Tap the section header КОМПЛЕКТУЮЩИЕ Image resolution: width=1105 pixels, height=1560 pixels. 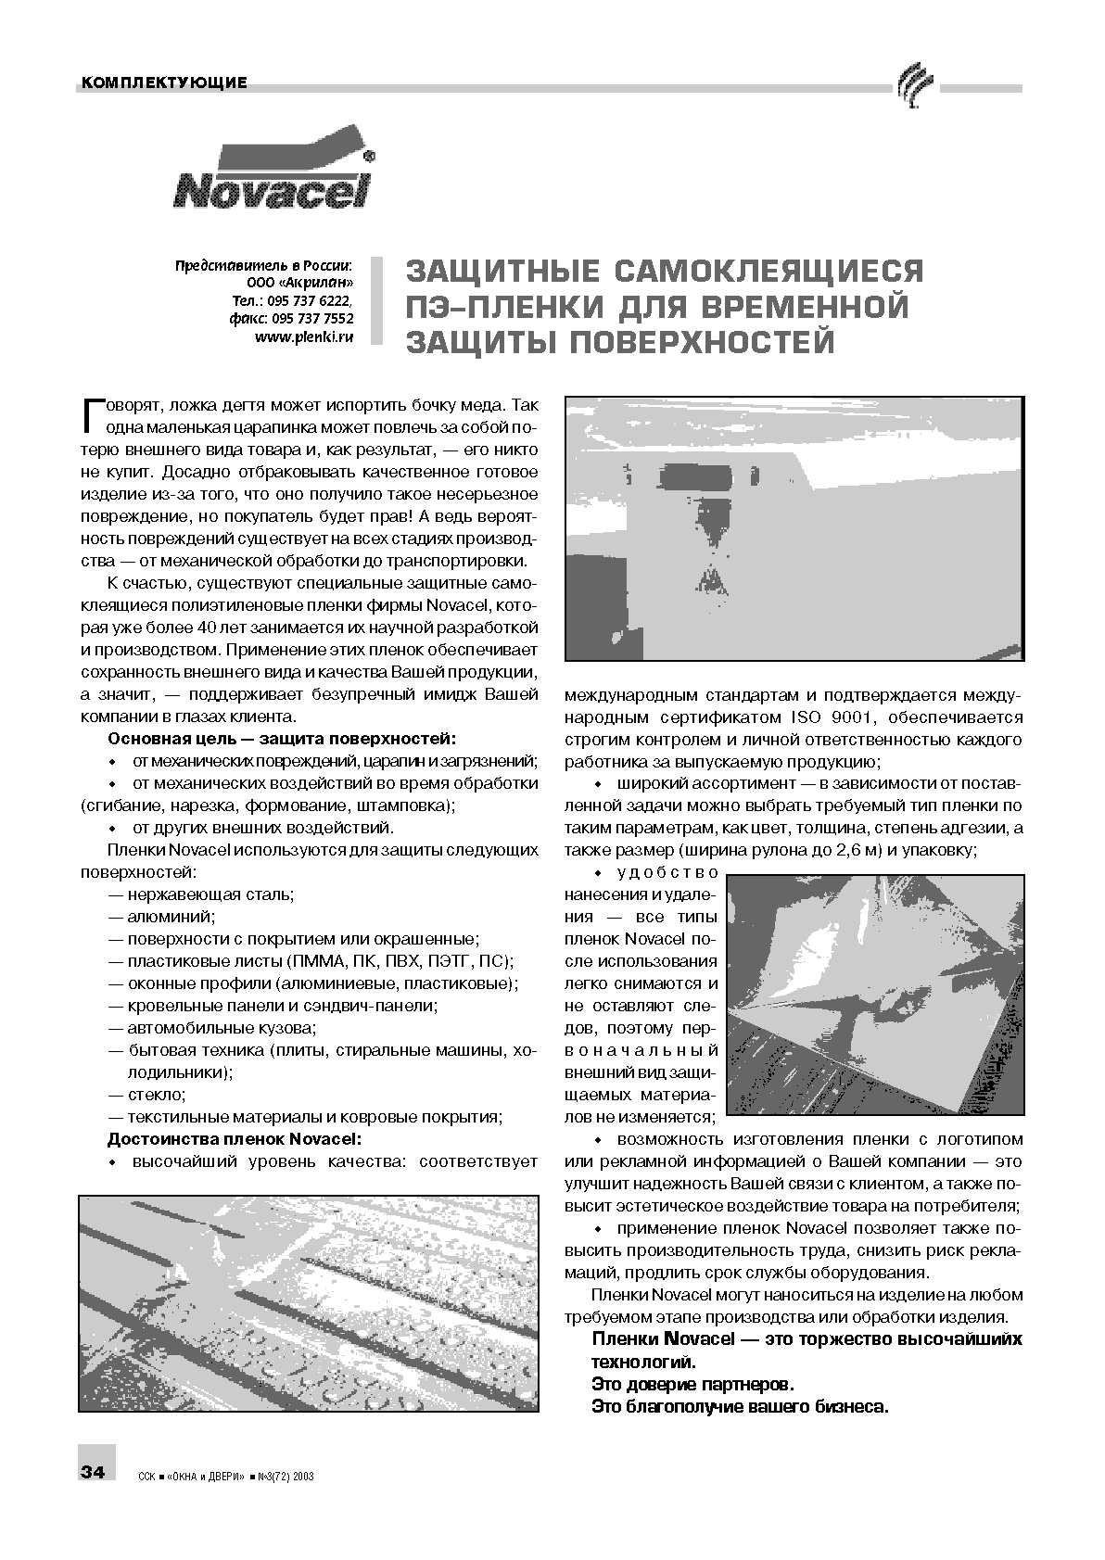coord(164,83)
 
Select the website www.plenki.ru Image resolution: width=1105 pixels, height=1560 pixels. coord(304,338)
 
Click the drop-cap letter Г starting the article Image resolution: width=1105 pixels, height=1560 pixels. coord(92,416)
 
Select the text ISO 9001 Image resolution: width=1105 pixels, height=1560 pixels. coord(824,717)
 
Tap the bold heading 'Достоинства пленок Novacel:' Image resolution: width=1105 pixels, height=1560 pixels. coord(234,1138)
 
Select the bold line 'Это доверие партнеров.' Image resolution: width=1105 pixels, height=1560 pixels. coord(692,1385)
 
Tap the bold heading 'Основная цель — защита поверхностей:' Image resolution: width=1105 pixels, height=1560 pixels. coord(282,739)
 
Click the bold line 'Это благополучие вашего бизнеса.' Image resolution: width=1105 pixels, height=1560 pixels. coord(740,1407)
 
